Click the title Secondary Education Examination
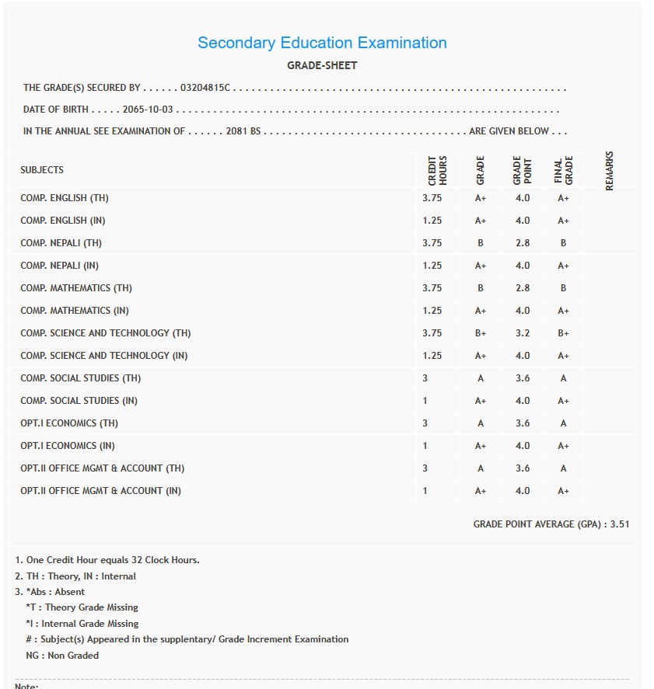pos(322,43)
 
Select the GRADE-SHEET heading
pos(322,66)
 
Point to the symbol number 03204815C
pos(205,89)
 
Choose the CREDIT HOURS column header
pos(438,170)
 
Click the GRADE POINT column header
pos(522,170)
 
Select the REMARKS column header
pos(609,170)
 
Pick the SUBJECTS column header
pos(42,170)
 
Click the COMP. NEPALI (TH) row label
pos(61,243)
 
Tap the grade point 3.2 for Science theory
pos(523,333)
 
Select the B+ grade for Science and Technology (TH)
pos(481,333)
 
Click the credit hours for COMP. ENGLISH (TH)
pos(432,198)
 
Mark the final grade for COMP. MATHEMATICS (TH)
pos(563,288)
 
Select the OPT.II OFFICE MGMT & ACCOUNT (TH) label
pos(103,468)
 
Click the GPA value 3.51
pos(620,524)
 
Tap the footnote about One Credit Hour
pos(107,560)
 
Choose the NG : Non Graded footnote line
pos(62,656)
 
